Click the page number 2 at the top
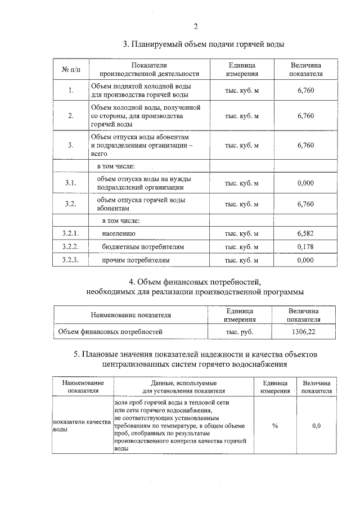(x=195, y=26)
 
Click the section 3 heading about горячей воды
(x=204, y=44)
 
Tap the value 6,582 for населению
(x=305, y=233)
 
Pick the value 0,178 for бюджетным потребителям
(x=305, y=246)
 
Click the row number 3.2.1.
(x=71, y=233)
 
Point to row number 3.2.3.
(x=71, y=260)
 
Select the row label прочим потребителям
(x=136, y=260)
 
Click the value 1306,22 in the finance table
(x=303, y=332)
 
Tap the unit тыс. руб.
(x=239, y=332)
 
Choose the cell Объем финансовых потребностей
(x=110, y=332)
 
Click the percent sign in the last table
(x=274, y=426)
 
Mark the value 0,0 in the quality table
(x=316, y=426)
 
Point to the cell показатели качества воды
(x=82, y=425)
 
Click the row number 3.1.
(x=71, y=183)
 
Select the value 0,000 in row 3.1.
(x=305, y=183)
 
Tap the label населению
(x=119, y=233)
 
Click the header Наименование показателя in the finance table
(x=130, y=316)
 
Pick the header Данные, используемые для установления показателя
(x=183, y=386)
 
